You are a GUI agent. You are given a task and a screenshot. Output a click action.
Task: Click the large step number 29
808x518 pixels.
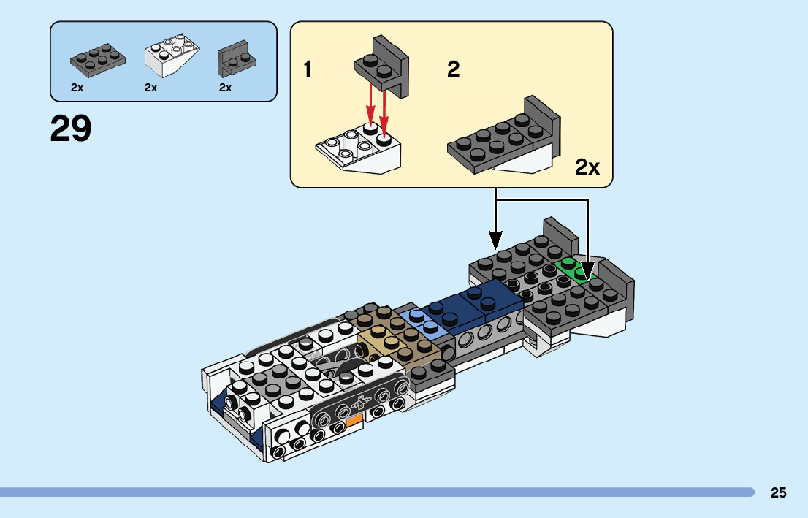coord(71,129)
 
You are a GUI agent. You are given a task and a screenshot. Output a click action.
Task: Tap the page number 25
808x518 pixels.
coord(778,492)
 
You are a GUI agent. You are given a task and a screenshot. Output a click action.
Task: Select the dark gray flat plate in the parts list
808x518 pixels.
coord(97,58)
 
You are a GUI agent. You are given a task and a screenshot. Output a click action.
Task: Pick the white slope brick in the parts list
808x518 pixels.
coord(173,57)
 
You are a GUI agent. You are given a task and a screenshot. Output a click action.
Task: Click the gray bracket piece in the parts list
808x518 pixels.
coord(236,59)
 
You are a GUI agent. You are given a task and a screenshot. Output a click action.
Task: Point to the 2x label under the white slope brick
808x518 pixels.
coord(151,88)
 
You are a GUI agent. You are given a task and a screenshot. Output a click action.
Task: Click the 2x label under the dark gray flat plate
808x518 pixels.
coord(77,88)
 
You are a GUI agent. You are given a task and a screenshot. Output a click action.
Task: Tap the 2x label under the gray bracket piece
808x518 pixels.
coord(226,88)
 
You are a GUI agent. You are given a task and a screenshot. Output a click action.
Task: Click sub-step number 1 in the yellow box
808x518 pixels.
coord(308,70)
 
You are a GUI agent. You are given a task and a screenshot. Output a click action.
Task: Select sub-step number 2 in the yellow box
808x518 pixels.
coord(454,70)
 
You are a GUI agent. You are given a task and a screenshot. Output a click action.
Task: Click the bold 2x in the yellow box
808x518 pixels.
coord(587,167)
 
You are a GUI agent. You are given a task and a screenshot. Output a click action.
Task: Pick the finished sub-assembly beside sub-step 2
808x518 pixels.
coord(504,140)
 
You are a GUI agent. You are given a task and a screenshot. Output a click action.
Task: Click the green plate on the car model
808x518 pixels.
coord(570,267)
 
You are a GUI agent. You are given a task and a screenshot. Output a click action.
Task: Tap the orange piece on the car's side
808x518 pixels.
coord(354,421)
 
